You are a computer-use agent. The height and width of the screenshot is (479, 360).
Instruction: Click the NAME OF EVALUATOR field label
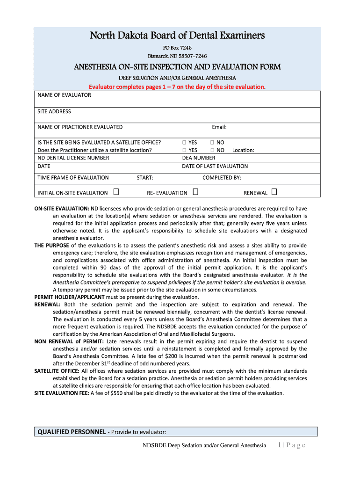pyautogui.click(x=64, y=95)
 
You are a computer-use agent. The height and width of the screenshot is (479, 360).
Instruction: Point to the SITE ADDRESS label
pyautogui.click(x=54, y=111)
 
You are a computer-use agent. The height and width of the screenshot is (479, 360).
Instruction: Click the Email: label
pyautogui.click(x=219, y=127)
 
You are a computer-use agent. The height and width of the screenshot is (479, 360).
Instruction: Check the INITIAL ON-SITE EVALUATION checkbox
pyautogui.click(x=115, y=192)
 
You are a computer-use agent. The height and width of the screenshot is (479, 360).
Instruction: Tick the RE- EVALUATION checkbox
pyautogui.click(x=195, y=192)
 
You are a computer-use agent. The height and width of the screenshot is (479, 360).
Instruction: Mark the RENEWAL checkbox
pyautogui.click(x=274, y=192)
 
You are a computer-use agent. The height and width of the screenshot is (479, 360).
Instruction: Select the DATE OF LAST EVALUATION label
pyautogui.click(x=215, y=166)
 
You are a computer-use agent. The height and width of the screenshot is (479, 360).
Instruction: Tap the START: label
pyautogui.click(x=145, y=178)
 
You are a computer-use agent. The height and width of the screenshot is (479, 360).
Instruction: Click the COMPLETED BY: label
pyautogui.click(x=222, y=178)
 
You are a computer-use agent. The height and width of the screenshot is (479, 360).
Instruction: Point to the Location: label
pyautogui.click(x=243, y=150)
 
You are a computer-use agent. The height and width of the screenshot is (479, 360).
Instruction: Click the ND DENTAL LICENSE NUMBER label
pyautogui.click(x=73, y=158)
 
